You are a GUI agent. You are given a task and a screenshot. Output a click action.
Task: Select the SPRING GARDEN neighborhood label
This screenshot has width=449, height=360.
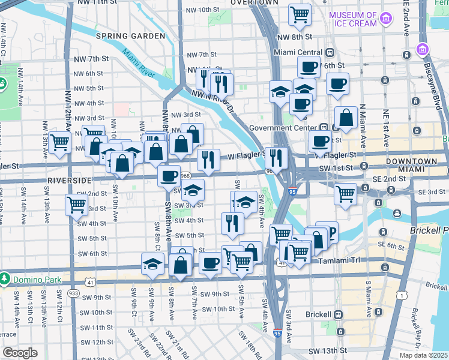130,36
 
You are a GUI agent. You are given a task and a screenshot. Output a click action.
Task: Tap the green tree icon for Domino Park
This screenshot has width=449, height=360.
5,279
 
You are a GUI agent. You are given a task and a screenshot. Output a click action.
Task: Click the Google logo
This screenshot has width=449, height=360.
20,353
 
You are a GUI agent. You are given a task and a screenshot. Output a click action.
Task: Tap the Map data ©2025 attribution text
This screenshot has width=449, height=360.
423,355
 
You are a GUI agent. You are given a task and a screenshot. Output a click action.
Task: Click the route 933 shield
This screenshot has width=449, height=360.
73,293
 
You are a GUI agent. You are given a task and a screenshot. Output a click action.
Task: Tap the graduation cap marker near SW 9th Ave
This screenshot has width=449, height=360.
154,265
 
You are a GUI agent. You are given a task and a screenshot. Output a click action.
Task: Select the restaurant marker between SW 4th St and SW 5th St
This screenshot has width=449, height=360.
232,223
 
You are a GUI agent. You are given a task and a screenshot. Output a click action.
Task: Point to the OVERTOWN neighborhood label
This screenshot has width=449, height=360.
255,2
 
